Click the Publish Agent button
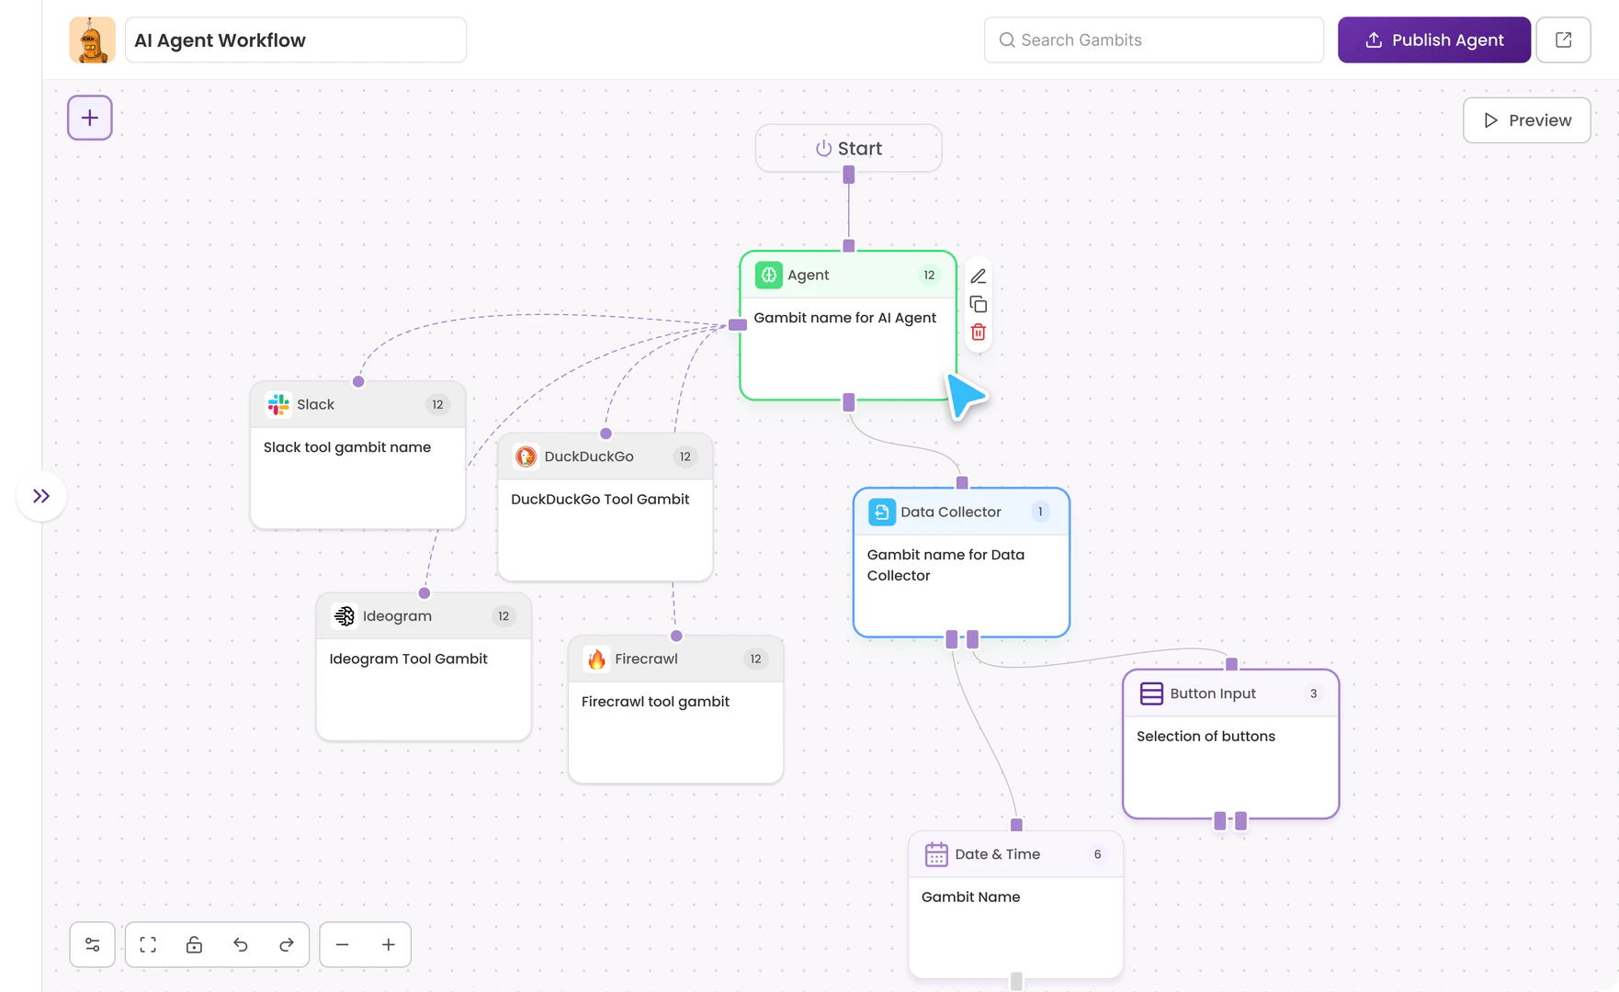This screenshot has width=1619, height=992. coord(1433,40)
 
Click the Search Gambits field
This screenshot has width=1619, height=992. coord(1153,40)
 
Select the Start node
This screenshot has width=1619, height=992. coord(848,148)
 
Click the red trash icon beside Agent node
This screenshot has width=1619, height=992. coord(978,333)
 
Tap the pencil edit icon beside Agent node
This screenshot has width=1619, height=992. coord(978,276)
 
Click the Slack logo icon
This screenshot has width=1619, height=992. coord(278,404)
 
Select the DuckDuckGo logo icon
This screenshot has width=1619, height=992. coord(526,457)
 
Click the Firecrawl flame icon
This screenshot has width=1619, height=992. coord(596,659)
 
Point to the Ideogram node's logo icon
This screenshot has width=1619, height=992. coord(345,615)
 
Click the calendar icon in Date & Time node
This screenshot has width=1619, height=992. coord(935,854)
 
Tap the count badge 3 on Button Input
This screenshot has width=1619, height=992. coord(1313,693)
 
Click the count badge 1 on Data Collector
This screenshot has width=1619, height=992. coord(1040,512)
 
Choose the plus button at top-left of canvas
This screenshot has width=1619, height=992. coord(90,118)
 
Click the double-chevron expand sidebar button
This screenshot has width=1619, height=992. coord(41,496)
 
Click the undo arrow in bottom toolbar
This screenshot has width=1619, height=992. coord(241,944)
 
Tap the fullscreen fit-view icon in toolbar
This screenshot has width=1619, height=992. coord(148,944)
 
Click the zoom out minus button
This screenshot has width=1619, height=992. coord(342,944)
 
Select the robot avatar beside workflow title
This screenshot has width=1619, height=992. coord(92,40)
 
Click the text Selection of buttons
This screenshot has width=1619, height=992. coord(1206,736)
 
